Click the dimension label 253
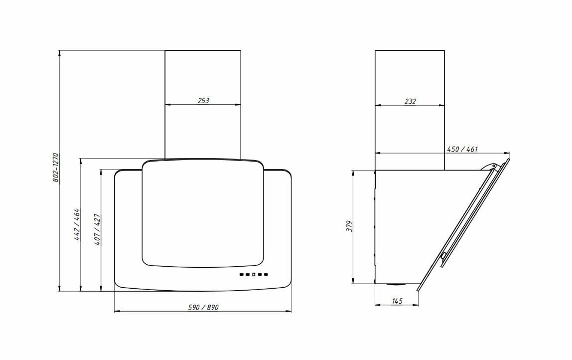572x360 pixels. coord(203,100)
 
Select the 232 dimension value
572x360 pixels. coord(410,101)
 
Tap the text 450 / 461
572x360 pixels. coord(462,149)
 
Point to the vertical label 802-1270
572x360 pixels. coord(55,168)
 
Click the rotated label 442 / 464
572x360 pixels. coord(77,224)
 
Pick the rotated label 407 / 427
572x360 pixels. coord(97,229)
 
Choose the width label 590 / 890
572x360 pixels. coord(203,308)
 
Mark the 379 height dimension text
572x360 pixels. coord(349,226)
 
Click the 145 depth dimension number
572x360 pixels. coord(397,301)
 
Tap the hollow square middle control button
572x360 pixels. coord(253,274)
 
